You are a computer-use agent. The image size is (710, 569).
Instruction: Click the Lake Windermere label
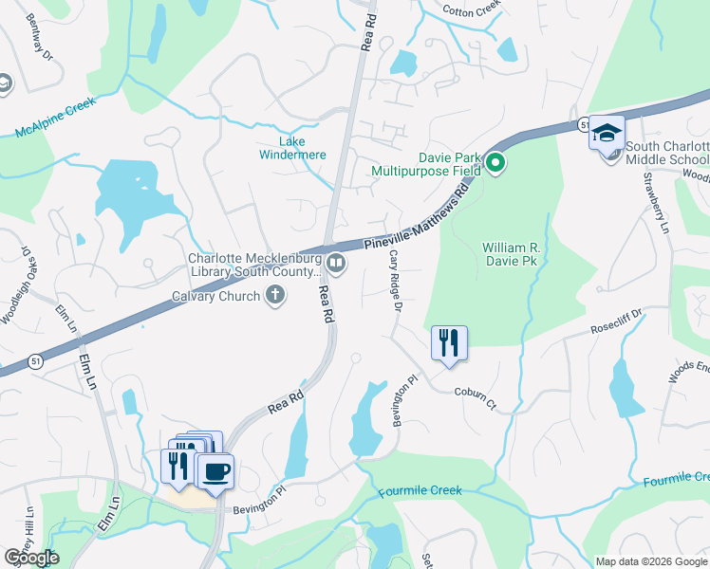pyautogui.click(x=293, y=147)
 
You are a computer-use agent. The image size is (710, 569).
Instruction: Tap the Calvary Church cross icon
pyautogui.click(x=274, y=295)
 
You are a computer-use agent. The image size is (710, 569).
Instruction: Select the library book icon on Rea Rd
pyautogui.click(x=335, y=262)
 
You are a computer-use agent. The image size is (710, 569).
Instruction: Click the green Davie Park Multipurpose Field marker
pyautogui.click(x=495, y=165)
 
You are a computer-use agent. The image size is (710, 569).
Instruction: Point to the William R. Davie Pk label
pyautogui.click(x=510, y=251)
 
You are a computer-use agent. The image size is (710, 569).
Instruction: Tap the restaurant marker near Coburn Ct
pyautogui.click(x=449, y=342)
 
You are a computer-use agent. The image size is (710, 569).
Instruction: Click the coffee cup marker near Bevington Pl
pyautogui.click(x=216, y=470)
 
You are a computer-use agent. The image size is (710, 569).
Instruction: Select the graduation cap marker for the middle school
pyautogui.click(x=607, y=133)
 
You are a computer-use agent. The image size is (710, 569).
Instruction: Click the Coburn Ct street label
pyautogui.click(x=475, y=397)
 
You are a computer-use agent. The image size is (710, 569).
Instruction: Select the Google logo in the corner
pyautogui.click(x=32, y=558)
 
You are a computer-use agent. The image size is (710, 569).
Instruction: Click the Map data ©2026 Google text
pyautogui.click(x=650, y=560)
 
